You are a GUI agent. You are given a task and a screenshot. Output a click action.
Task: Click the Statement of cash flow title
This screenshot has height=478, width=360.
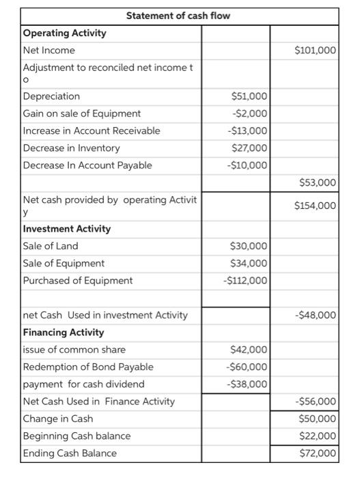[178, 16]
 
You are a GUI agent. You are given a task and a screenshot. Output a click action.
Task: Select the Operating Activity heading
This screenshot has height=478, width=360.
[65, 33]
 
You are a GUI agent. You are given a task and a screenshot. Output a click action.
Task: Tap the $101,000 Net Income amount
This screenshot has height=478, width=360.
[315, 50]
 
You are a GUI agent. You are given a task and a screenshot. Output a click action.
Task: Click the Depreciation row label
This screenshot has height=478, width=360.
[52, 96]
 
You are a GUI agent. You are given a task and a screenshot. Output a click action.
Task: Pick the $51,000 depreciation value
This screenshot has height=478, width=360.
[251, 96]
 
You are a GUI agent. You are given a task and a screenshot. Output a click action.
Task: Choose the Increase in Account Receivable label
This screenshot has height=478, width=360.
[92, 130]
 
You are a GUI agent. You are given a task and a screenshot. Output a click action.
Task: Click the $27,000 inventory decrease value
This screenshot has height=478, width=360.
[251, 147]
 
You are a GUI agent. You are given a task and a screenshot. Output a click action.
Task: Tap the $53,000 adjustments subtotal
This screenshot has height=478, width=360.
[318, 182]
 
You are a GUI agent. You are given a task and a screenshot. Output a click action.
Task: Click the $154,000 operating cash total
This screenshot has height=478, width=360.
[315, 206]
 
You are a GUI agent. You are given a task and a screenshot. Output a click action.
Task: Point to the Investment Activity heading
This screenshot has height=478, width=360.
[67, 229]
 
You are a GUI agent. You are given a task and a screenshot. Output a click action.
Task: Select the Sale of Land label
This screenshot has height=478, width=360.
[51, 246]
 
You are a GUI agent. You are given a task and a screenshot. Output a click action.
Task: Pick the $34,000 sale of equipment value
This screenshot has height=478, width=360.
[251, 263]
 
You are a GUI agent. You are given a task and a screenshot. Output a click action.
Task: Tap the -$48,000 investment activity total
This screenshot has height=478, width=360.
[316, 315]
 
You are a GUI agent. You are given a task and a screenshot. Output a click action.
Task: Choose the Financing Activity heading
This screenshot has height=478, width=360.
[64, 333]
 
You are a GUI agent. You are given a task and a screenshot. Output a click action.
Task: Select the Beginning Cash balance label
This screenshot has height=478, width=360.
[77, 436]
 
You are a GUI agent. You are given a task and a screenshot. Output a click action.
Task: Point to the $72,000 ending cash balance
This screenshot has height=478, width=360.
[318, 453]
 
